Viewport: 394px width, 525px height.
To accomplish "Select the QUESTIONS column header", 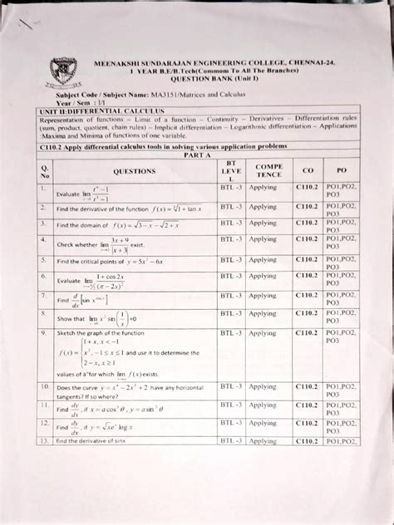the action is coord(135,172).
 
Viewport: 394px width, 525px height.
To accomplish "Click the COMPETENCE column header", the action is coord(268,170).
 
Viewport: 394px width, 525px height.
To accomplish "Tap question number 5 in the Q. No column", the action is coord(42,258).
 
